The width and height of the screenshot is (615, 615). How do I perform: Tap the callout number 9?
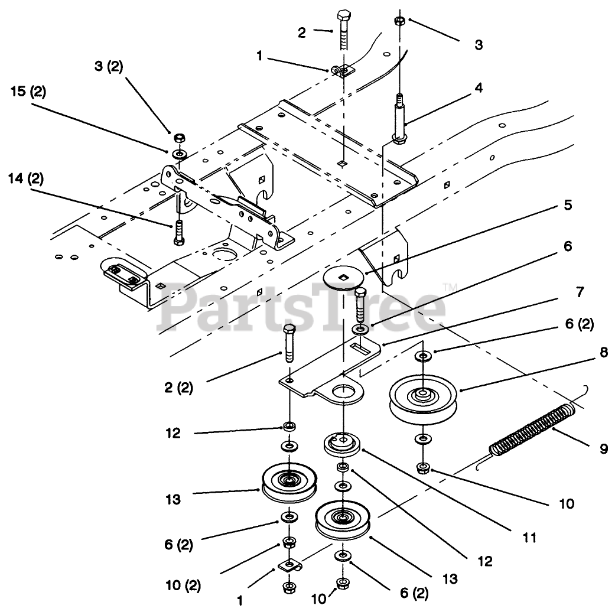604,449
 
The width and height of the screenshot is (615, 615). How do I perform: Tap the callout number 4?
479,88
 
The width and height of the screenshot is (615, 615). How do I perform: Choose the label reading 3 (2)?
108,67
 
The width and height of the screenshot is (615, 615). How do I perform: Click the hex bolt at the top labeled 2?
343,30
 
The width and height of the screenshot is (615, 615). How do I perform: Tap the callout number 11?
529,538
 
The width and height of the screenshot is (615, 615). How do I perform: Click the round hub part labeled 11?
342,445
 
